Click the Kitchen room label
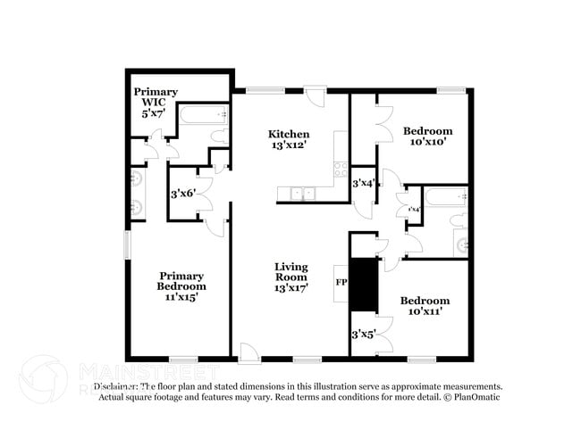point(289,139)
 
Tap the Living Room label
point(290,277)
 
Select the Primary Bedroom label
point(182,286)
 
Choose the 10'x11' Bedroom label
point(425,306)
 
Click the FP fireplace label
point(341,282)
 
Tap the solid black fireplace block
point(362,285)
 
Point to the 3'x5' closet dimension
point(363,335)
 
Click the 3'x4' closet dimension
point(362,183)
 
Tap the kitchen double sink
point(300,192)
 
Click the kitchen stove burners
point(340,168)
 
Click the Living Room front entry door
point(249,353)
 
